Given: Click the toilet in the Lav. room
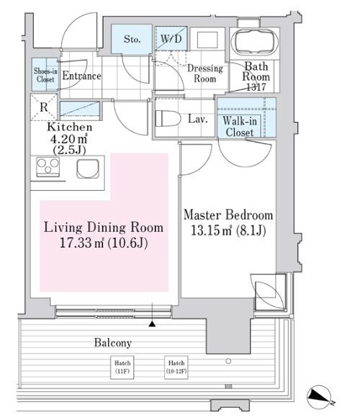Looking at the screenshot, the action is point(168,118).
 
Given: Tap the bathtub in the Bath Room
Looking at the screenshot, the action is point(256,43).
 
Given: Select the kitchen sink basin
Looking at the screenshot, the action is point(88,169).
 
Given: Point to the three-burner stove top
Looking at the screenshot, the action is point(48,166).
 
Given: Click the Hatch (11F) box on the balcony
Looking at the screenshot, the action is point(122,367).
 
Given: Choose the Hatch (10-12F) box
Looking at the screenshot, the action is point(176,367).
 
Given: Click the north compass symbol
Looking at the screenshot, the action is point(319,397).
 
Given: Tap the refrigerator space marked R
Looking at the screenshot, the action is point(44,107).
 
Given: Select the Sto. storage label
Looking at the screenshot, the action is point(132,40).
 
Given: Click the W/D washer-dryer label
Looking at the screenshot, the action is point(171,39).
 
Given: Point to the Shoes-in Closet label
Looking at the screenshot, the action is point(45,75).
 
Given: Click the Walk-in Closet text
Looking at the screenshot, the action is point(240,127).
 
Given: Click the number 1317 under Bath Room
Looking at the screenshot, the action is point(256,87).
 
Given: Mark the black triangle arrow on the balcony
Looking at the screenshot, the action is point(152,324).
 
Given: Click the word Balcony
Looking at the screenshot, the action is point(113,343).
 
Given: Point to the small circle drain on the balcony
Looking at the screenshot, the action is point(228,361).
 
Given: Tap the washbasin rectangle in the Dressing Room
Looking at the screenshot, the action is point(207,40).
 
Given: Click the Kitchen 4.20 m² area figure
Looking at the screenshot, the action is point(69,139).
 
